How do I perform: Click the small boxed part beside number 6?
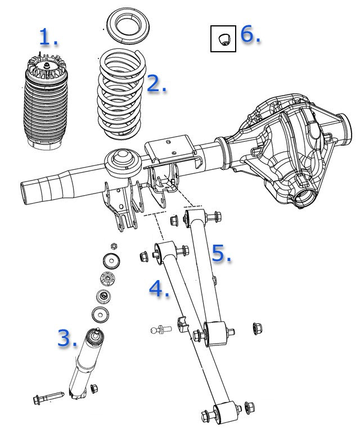[223, 39]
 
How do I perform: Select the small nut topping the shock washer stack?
[114, 246]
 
